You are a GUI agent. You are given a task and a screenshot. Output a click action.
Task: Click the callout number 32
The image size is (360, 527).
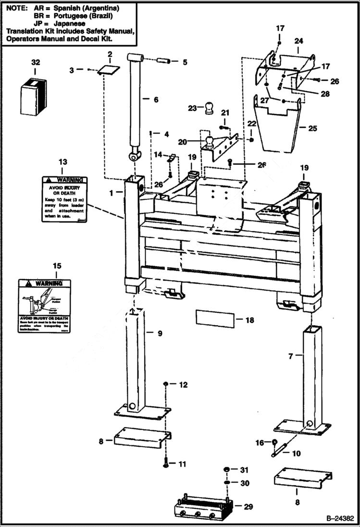coord(36,62)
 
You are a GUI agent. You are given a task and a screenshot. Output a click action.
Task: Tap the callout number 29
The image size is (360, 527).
coord(248,506)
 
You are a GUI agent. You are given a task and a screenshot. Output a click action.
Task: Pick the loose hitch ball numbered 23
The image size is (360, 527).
coord(209,108)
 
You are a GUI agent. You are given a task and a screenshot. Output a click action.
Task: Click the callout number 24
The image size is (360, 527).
coord(298,41)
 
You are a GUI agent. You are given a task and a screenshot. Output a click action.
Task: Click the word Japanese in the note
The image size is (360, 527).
coord(66,23)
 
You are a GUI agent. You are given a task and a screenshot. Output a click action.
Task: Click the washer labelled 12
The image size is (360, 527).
coord(165,384)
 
